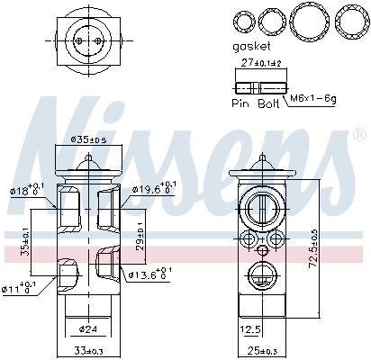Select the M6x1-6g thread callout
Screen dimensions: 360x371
pos(312,96)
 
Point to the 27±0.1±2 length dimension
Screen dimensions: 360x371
pos(260,63)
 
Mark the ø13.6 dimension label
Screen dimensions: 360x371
pos(149,273)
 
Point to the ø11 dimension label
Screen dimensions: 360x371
pos(18,288)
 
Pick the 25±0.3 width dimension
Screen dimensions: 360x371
pos(263,350)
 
